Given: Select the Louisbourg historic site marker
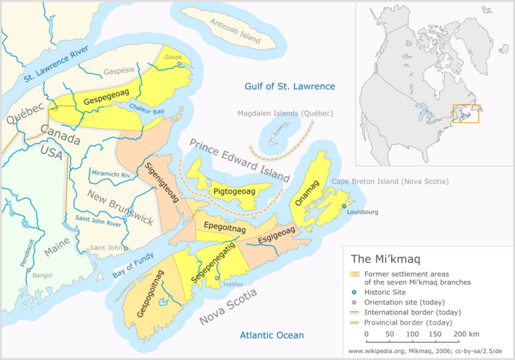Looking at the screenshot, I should [x=344, y=205].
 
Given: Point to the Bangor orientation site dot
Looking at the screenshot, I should [x=28, y=270].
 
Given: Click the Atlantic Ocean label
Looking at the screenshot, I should [x=272, y=335].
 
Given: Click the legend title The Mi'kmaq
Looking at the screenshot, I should [x=385, y=259].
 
